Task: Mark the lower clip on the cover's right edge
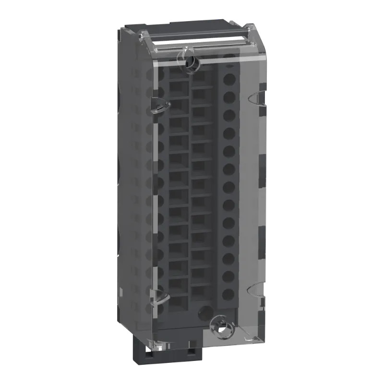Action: [x=255, y=290]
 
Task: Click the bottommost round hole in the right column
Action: [x=229, y=293]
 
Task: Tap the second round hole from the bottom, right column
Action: [x=229, y=276]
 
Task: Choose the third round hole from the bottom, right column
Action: [x=229, y=258]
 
